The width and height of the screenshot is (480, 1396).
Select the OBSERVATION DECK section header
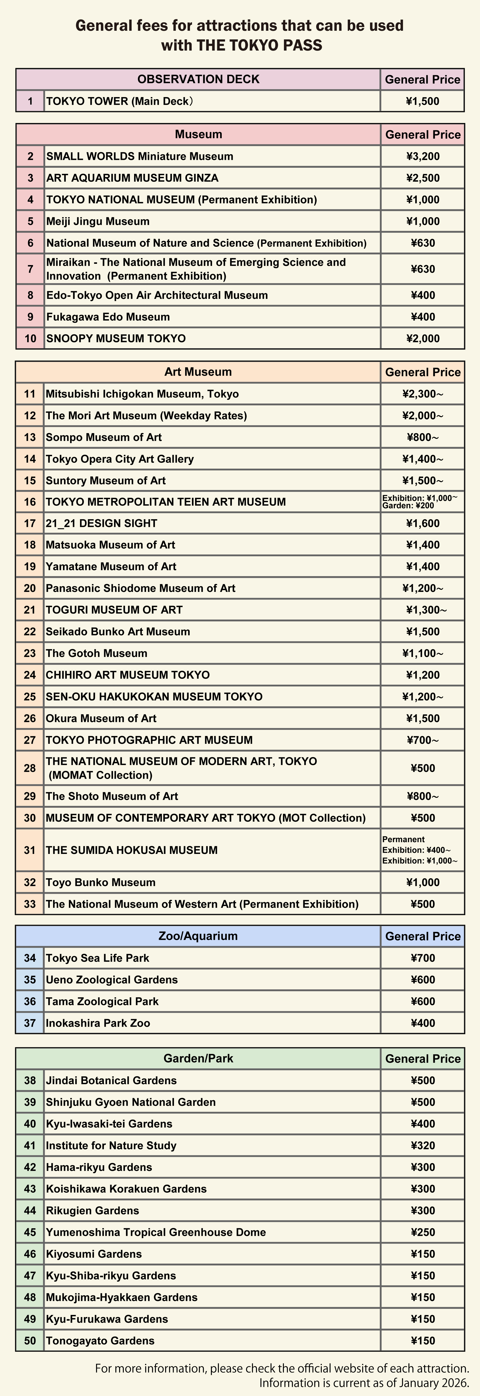click(x=198, y=79)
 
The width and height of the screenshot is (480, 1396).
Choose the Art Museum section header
click(x=198, y=372)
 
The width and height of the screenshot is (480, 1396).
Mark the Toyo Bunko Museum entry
click(x=101, y=882)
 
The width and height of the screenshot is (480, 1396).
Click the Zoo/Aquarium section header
click(x=198, y=936)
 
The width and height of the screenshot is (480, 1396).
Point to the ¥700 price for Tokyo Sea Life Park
click(x=423, y=958)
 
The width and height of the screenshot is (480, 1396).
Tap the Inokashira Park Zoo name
click(x=98, y=1023)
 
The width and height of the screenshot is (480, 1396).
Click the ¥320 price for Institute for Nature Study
click(x=423, y=1146)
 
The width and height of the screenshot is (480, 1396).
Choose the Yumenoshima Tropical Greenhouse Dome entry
click(x=156, y=1232)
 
